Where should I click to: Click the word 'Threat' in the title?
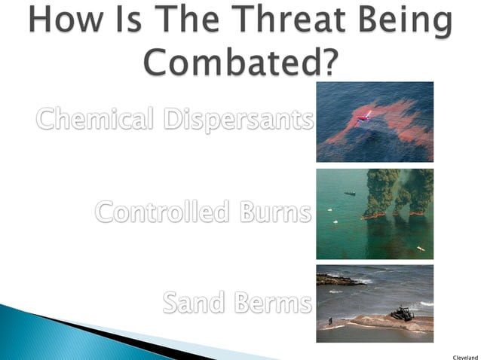pos(276,23)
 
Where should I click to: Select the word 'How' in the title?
pos(65,23)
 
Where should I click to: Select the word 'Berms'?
pos(274,303)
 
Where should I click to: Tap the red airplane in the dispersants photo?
pos(364,116)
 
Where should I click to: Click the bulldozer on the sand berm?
pos(402,314)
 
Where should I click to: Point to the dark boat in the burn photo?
pos(350,194)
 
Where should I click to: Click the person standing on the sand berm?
pos(329,322)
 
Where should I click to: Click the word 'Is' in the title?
pos(127,23)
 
